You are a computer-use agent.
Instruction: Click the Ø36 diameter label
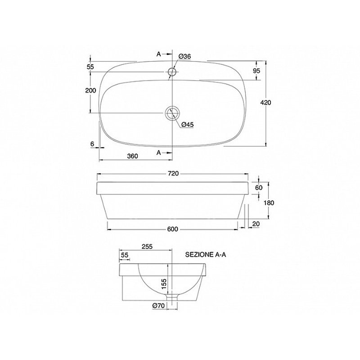tap(184, 56)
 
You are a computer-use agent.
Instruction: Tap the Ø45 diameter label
tap(188, 125)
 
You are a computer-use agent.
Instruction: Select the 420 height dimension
tap(265, 103)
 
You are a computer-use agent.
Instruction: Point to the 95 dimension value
tap(256, 71)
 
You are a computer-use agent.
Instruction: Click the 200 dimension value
tap(91, 90)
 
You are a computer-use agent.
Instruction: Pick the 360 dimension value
tap(132, 156)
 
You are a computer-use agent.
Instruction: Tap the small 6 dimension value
tap(92, 144)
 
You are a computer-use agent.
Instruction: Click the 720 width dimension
tap(173, 174)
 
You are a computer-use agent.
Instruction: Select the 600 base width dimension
tap(172, 229)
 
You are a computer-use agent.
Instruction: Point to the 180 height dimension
tap(269, 203)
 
